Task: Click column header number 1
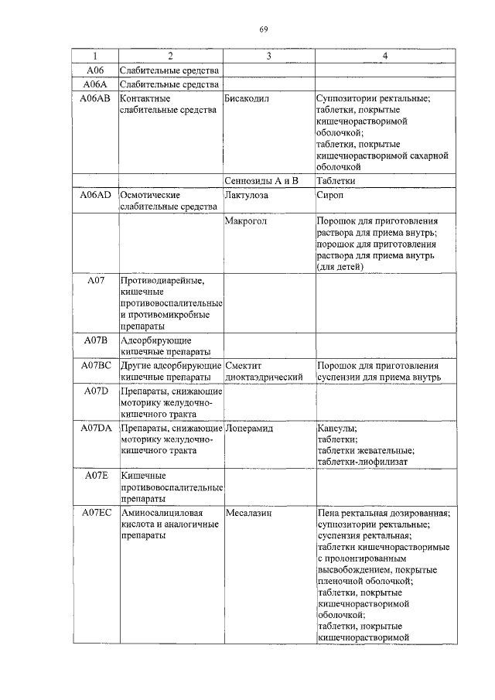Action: click(94, 56)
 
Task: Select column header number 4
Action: click(384, 56)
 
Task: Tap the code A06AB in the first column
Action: click(94, 99)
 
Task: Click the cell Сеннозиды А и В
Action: click(261, 180)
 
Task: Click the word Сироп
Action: click(329, 196)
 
